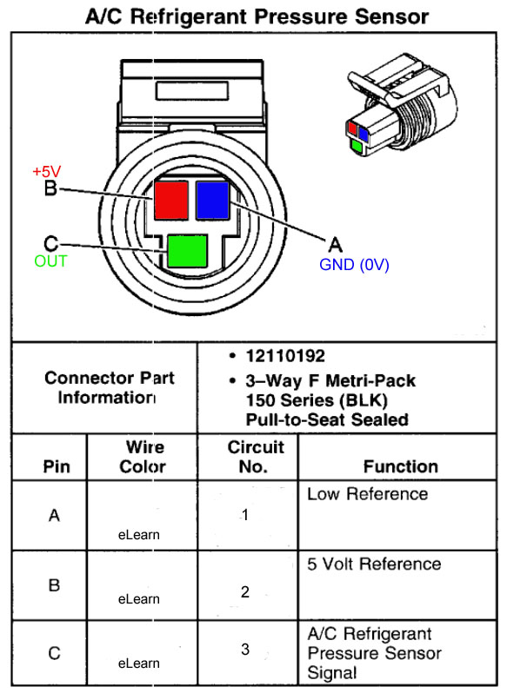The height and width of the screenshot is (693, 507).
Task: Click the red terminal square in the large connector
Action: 171,201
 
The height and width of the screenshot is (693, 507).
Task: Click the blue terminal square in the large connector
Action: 213,201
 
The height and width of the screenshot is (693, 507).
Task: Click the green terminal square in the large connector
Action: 188,251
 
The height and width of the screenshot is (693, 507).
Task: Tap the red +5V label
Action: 47,171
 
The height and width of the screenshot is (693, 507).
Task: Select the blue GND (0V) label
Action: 354,265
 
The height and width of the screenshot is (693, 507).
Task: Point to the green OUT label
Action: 51,261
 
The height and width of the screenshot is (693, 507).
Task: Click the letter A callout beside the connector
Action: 336,244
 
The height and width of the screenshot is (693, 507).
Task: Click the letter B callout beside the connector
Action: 51,188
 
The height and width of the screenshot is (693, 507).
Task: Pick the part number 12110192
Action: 285,356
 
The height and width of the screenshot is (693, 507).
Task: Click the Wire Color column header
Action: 143,457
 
